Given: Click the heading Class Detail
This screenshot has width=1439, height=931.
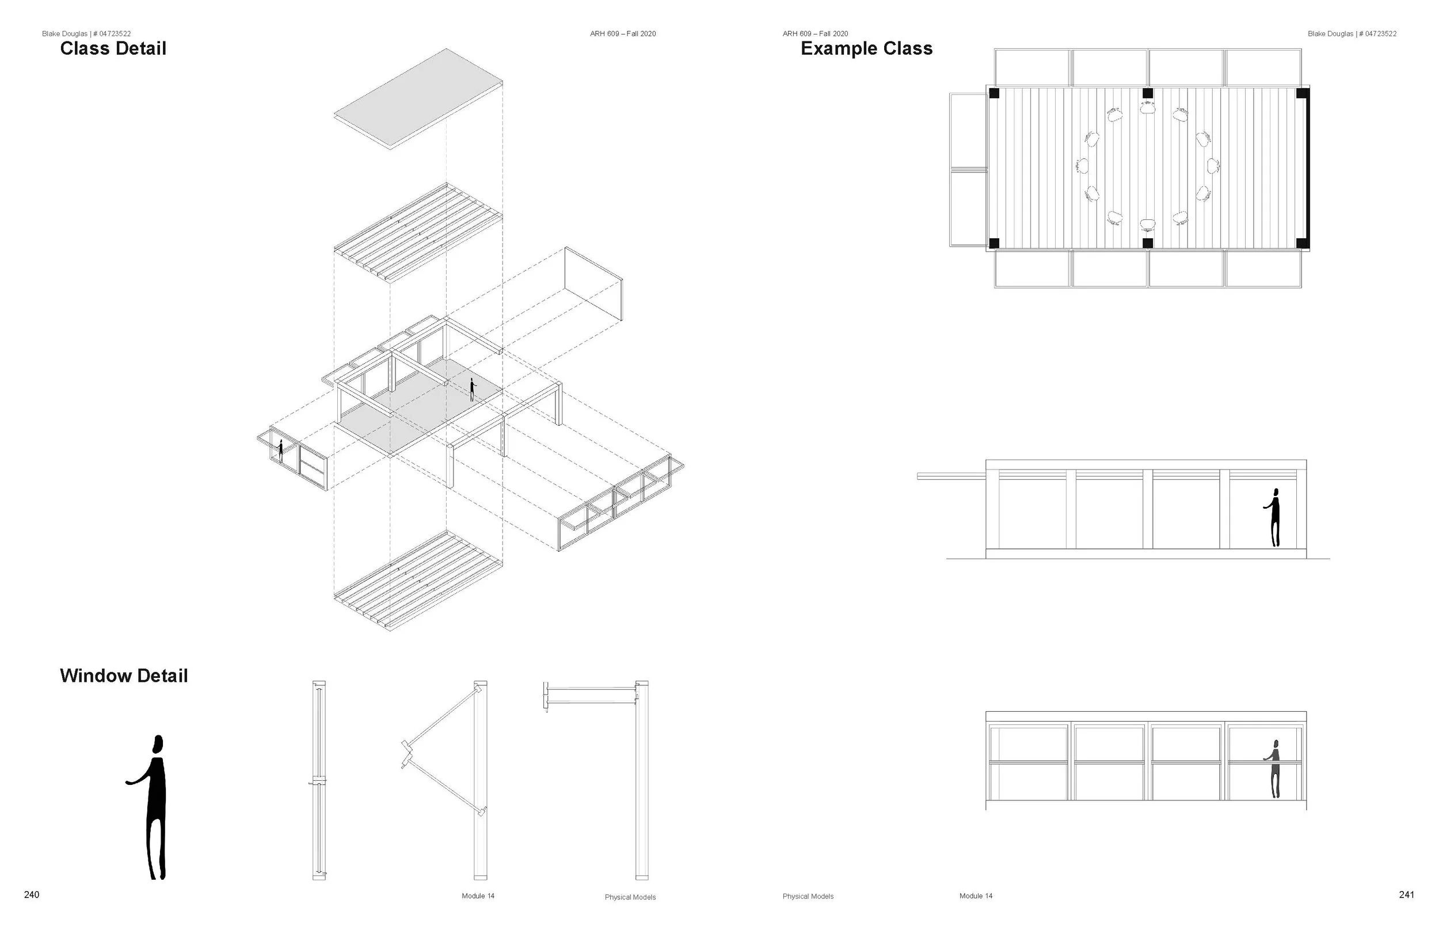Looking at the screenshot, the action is pyautogui.click(x=113, y=48).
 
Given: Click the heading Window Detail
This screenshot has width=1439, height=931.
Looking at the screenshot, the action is pyautogui.click(x=124, y=676).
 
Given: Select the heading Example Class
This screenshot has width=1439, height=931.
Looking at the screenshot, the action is pyautogui.click(x=866, y=48).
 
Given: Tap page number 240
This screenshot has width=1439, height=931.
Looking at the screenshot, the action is pyautogui.click(x=32, y=895).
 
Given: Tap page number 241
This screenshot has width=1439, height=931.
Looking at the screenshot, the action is pyautogui.click(x=1406, y=895).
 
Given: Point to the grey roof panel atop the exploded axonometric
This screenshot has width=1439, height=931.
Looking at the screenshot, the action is pyautogui.click(x=418, y=98).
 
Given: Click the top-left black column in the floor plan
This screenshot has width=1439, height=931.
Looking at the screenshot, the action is pyautogui.click(x=993, y=93).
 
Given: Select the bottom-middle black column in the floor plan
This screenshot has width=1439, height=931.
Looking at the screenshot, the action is pyautogui.click(x=1147, y=243).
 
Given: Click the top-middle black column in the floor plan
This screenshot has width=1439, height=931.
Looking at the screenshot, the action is pyautogui.click(x=1147, y=93).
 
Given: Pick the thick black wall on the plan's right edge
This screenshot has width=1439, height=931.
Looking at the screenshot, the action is pyautogui.click(x=1308, y=168).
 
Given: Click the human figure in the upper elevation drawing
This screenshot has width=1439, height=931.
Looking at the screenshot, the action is pyautogui.click(x=1274, y=517).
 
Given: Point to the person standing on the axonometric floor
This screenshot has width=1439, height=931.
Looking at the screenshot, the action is pyautogui.click(x=472, y=390).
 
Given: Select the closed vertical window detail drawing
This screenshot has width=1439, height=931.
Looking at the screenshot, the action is pyautogui.click(x=319, y=780).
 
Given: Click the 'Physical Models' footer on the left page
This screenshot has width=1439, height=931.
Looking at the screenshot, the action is pyautogui.click(x=630, y=897).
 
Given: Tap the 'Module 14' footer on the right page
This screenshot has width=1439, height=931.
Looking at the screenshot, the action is pyautogui.click(x=975, y=896).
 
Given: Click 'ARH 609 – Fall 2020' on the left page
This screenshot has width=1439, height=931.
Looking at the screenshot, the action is pyautogui.click(x=623, y=34).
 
